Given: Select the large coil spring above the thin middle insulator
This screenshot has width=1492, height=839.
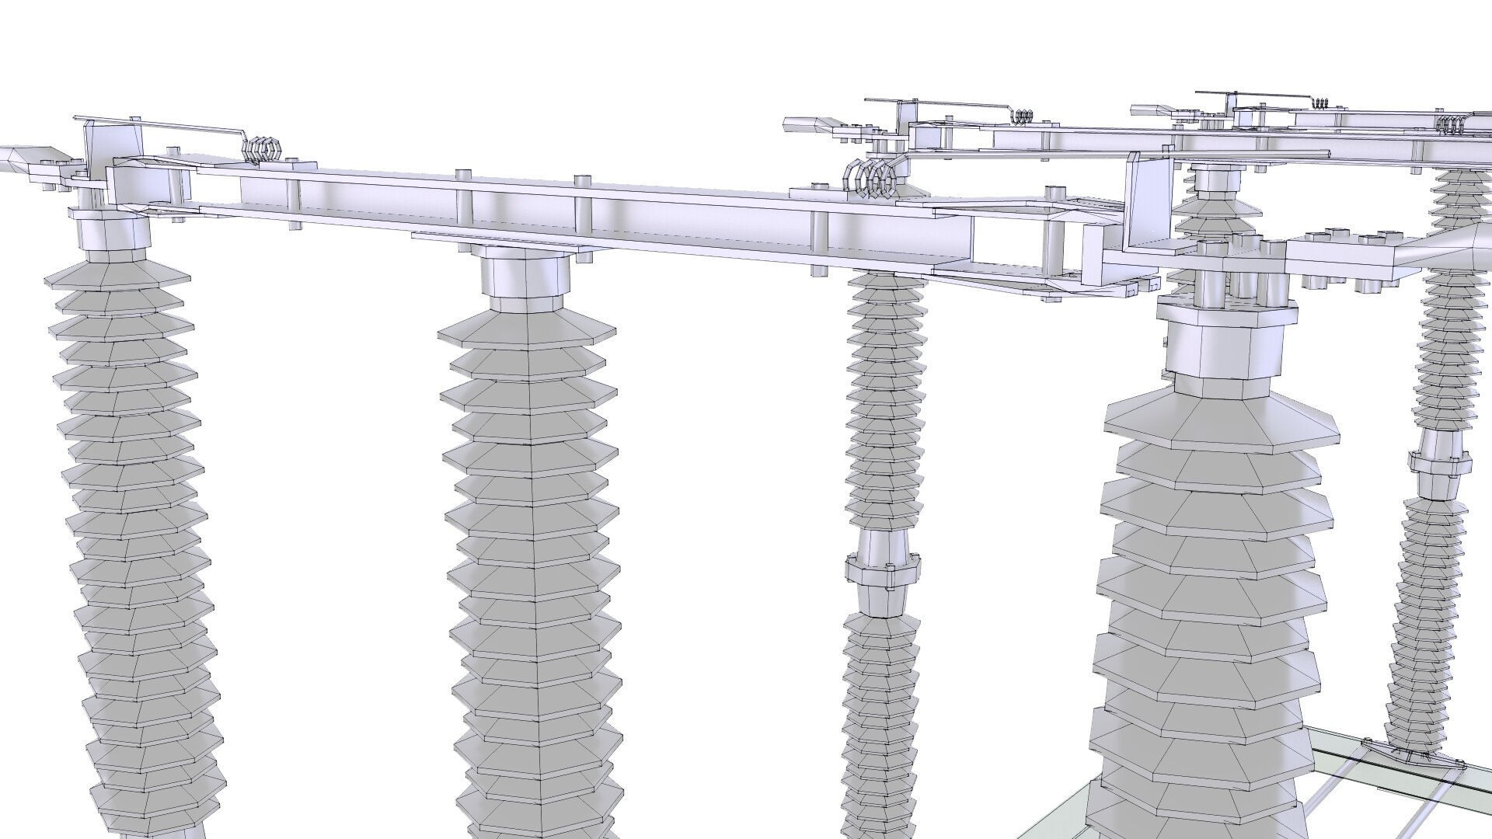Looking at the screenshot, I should pyautogui.click(x=874, y=180).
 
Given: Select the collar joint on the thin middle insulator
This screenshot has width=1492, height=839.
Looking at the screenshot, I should pyautogui.click(x=884, y=569).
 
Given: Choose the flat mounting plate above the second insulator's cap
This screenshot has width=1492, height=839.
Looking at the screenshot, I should pyautogui.click(x=505, y=242).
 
